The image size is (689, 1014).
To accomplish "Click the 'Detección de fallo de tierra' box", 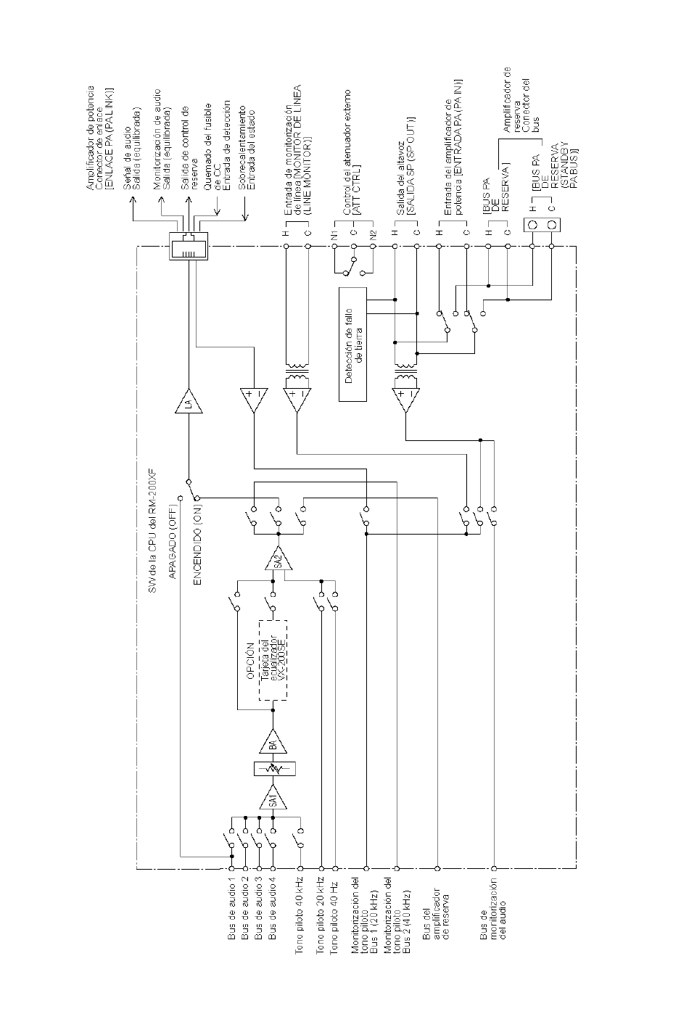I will coord(353,345).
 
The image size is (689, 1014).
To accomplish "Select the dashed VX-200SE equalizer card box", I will coord(273,660).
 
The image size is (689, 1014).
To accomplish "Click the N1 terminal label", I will coord(334,235).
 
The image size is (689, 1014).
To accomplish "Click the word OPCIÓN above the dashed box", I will coord(249,663).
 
